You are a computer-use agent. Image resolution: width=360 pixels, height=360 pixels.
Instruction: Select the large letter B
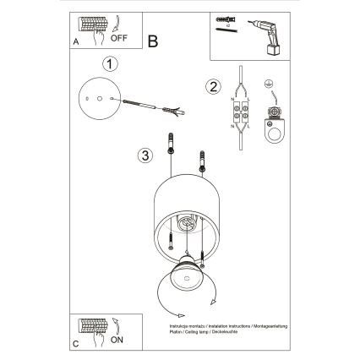coord(153,40)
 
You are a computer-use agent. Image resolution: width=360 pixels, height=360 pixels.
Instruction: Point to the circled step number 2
coord(214,85)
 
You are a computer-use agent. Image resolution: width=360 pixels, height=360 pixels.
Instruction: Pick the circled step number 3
coord(145,155)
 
